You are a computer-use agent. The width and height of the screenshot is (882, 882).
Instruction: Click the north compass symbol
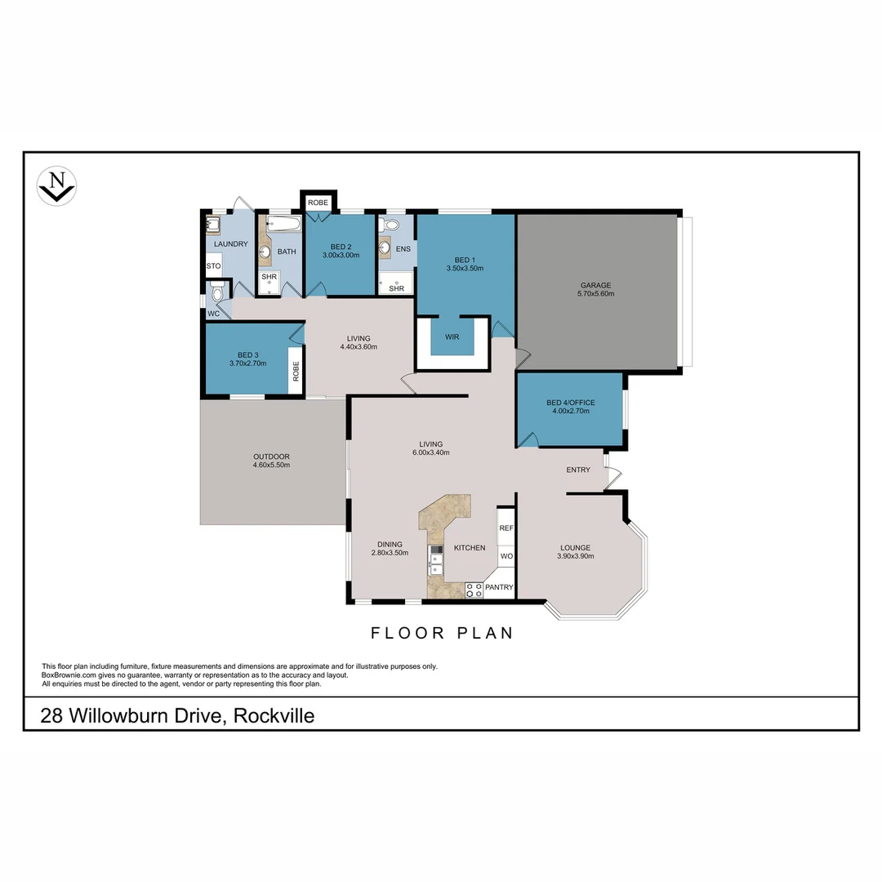57,186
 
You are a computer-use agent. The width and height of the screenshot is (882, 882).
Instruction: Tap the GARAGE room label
595,285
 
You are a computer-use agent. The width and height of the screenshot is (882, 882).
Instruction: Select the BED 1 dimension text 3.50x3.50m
465,268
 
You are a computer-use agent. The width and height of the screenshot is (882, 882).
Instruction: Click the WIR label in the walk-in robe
452,336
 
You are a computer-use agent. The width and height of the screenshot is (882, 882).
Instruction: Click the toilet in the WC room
216,292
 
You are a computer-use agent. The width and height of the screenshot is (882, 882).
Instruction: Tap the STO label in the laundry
213,266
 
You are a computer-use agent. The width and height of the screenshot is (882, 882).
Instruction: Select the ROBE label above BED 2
318,202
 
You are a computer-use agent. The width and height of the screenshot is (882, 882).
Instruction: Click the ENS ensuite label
402,249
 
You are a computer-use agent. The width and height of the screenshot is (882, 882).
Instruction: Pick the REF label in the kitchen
506,528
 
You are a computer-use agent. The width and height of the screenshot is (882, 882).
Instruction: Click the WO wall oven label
506,556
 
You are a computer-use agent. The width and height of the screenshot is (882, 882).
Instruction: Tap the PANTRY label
499,587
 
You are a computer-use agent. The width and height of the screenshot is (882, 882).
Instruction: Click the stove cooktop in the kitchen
473,590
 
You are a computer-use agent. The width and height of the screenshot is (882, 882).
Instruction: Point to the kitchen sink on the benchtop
436,559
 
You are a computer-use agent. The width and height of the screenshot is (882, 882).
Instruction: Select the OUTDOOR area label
271,457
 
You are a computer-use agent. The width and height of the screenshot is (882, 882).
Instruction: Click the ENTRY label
578,470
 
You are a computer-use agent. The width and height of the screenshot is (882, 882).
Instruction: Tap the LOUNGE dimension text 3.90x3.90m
575,556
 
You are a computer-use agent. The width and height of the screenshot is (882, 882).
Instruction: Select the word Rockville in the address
274,716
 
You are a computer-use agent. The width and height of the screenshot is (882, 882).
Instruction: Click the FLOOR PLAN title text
442,633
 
